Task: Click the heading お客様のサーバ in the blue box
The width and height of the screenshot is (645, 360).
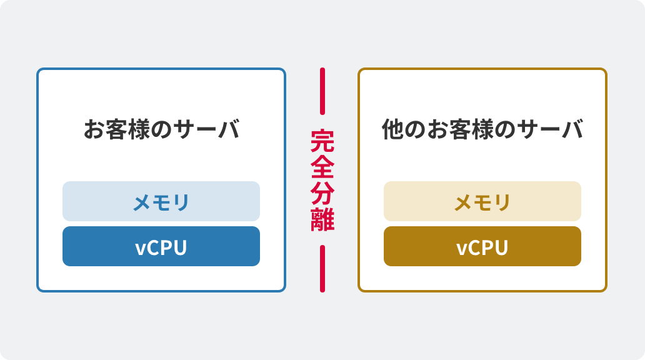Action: (x=161, y=130)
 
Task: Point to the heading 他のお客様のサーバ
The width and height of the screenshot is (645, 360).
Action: (x=482, y=130)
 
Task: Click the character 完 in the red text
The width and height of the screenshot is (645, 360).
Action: (x=322, y=141)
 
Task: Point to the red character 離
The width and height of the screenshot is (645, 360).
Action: (x=322, y=220)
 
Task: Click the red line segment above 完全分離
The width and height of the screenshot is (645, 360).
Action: (x=322, y=91)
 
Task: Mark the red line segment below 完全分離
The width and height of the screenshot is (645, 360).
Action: (x=322, y=268)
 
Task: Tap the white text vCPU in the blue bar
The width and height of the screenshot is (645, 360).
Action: (x=161, y=247)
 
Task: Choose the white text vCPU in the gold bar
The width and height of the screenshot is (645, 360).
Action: (x=482, y=247)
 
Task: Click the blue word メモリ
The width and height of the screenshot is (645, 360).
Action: (x=161, y=202)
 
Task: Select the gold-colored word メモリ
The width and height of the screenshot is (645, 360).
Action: (x=482, y=202)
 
